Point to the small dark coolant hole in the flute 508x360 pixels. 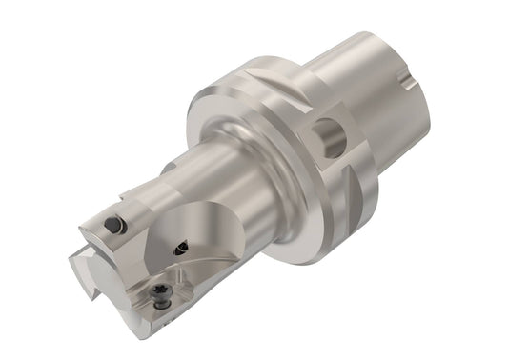pos(180,250)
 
